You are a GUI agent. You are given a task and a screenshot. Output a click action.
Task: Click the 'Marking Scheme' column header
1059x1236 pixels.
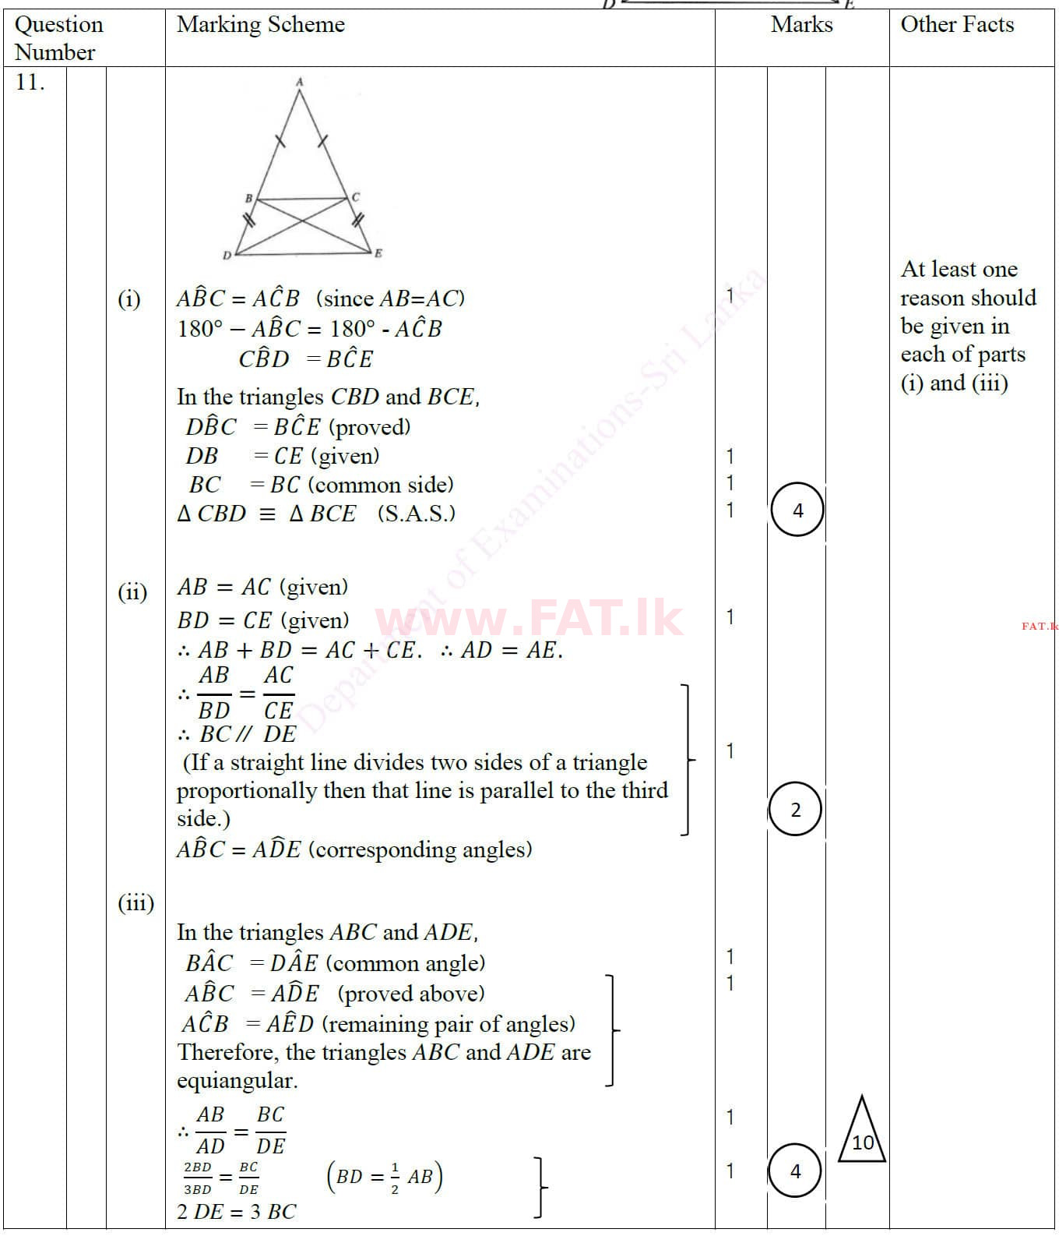tap(261, 25)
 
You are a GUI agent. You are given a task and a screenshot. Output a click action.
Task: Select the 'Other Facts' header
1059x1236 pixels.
tap(957, 25)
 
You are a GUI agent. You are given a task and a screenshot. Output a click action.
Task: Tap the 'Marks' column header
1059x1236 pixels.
tap(801, 25)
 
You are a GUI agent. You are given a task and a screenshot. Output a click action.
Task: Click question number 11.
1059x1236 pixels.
tap(30, 83)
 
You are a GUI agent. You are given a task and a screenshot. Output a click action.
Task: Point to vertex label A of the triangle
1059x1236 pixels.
tap(300, 81)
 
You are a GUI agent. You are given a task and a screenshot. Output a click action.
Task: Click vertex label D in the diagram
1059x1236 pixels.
tap(227, 255)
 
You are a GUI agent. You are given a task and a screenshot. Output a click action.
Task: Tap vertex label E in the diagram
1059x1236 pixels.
tap(378, 253)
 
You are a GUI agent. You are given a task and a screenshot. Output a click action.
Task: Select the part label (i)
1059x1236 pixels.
tap(129, 298)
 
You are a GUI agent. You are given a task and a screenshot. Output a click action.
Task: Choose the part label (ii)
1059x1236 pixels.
tap(132, 592)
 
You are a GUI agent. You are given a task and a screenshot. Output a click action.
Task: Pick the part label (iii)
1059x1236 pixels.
tap(135, 902)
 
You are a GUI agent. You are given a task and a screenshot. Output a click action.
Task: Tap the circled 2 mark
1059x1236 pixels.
tap(795, 810)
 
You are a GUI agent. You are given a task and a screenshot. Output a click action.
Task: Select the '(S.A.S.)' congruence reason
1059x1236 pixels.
tap(417, 514)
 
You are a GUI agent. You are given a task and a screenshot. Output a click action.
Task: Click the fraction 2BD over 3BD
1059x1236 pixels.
tap(198, 1178)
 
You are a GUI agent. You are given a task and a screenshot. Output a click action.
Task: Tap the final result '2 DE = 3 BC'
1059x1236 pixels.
tap(237, 1212)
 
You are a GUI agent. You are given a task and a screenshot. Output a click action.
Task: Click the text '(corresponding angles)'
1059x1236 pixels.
tap(420, 849)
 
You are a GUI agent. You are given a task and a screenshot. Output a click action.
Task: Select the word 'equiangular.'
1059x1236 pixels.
tap(237, 1081)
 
